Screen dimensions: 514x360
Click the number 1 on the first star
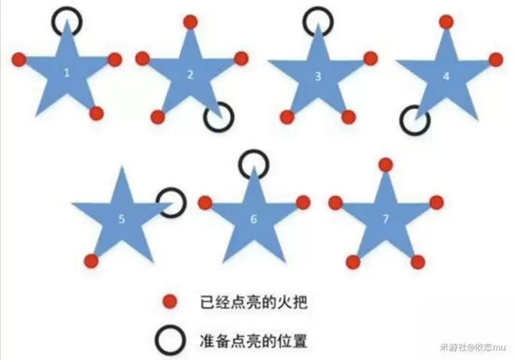coord(67,73)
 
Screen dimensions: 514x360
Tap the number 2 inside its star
coord(190,75)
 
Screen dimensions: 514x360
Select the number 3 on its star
coord(317,76)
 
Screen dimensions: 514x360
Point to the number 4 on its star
coord(446,76)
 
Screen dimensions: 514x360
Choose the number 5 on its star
coord(121,219)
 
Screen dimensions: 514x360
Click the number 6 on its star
coord(253,219)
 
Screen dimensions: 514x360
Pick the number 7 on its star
coord(385,219)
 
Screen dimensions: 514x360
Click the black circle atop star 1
coord(67,22)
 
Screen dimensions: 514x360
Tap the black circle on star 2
coord(218,117)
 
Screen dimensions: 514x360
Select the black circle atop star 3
coord(317,22)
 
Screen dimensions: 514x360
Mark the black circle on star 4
coord(414,120)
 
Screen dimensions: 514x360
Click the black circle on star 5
coord(171,203)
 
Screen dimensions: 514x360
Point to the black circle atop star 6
coord(253,165)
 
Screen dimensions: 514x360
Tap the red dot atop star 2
coord(190,22)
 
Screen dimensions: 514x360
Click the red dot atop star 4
coord(446,22)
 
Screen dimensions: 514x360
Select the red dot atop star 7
coord(386,165)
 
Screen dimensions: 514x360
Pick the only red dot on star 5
coord(91,261)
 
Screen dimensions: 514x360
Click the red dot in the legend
coord(170,301)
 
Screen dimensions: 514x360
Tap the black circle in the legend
coord(170,341)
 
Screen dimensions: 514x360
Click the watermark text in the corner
coord(473,347)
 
